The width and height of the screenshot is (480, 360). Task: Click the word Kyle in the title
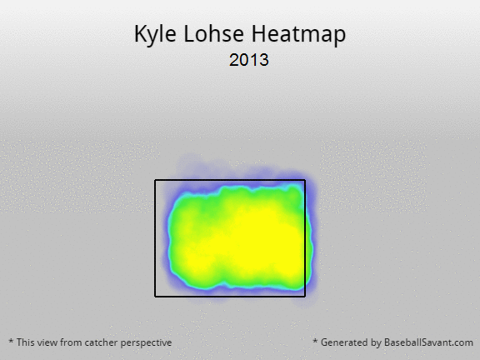(x=155, y=34)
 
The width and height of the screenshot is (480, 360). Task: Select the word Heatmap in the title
(x=299, y=34)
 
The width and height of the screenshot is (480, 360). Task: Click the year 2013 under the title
(x=249, y=60)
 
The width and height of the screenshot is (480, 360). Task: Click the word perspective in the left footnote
(x=146, y=343)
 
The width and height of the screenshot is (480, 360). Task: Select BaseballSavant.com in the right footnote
(x=428, y=342)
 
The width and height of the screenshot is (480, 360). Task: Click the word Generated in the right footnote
(x=342, y=342)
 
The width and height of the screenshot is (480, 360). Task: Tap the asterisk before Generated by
(x=315, y=341)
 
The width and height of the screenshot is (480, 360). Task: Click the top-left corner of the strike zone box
(x=155, y=180)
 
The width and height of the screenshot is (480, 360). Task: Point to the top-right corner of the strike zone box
(x=305, y=180)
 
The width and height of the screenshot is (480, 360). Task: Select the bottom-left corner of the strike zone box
(x=155, y=297)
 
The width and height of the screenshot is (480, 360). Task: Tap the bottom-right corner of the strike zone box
(x=305, y=297)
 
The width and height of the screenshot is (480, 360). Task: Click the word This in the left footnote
(x=25, y=342)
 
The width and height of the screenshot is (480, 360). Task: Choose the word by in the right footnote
(x=374, y=342)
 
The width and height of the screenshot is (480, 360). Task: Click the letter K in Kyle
(x=141, y=33)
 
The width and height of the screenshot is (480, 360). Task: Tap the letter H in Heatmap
(x=258, y=33)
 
